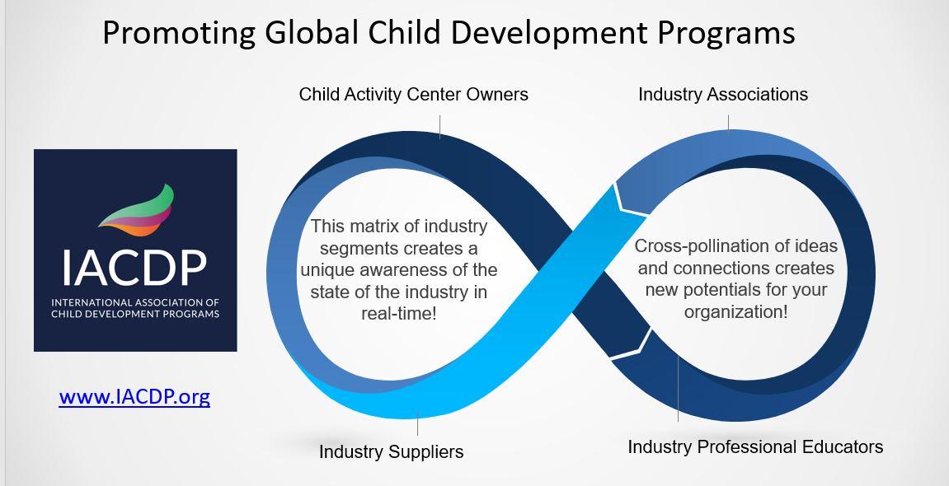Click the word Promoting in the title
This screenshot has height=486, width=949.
[x=179, y=33]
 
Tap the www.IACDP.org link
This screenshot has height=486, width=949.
[x=134, y=396]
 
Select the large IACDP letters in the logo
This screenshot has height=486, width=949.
[x=134, y=268]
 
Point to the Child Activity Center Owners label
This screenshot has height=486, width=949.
[x=413, y=94]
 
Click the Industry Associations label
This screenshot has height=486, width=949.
[x=722, y=94]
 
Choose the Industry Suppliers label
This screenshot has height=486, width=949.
[x=391, y=451]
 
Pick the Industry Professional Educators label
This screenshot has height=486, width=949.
[x=755, y=446]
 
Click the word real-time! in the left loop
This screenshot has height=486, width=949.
[x=399, y=314]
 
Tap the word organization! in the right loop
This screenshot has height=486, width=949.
[x=736, y=312]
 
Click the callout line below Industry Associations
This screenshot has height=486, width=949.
[x=729, y=122]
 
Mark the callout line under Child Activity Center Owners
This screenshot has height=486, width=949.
[x=440, y=128]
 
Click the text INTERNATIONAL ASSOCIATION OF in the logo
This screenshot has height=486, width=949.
[x=135, y=302]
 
